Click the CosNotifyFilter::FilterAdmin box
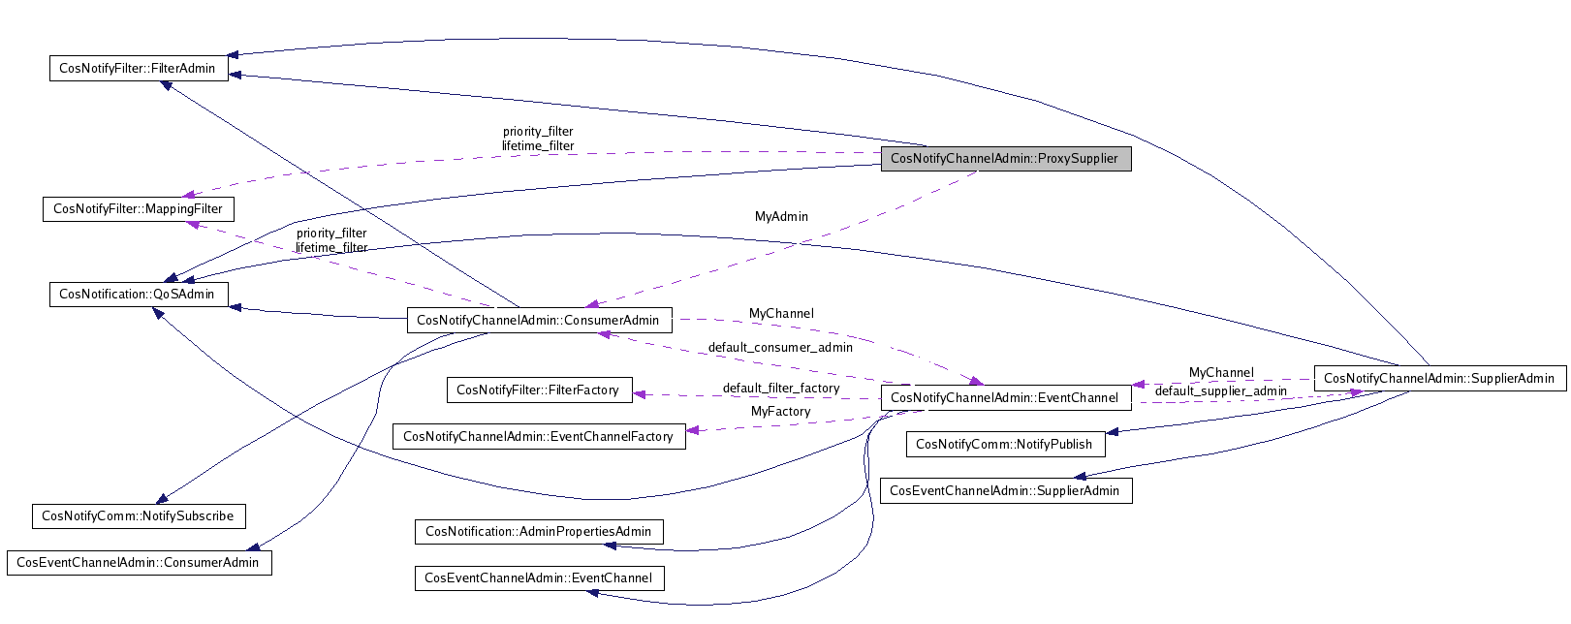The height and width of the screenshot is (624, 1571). point(139,69)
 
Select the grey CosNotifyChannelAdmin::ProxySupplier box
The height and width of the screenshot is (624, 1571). point(1005,159)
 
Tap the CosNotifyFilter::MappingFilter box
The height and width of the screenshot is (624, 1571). point(139,209)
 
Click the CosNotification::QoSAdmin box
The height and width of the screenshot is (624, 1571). point(139,295)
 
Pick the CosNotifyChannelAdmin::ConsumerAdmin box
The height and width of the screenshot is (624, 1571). point(538,320)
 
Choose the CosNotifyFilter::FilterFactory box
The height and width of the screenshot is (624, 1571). point(538,390)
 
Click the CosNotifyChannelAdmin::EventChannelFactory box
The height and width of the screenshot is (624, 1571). point(538,437)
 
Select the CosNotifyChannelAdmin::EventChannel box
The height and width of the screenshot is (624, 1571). point(1005,397)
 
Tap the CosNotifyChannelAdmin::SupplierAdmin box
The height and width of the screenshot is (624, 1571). point(1438,379)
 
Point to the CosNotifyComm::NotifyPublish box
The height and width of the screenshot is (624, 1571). point(1005,445)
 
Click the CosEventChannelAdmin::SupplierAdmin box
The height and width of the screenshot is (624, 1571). point(1005,491)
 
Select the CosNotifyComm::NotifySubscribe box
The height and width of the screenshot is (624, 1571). point(139,516)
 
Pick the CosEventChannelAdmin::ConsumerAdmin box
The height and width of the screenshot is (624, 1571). point(139,563)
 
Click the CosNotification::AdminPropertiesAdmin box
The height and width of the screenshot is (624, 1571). point(538,532)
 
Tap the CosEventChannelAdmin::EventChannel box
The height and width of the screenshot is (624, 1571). point(538,578)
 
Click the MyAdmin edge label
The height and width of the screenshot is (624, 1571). point(781,217)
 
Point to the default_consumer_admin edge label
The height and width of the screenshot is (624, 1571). point(780,348)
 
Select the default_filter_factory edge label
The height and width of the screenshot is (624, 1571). point(781,389)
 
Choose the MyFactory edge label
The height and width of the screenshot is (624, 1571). point(781,412)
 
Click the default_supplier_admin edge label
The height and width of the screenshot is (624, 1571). point(1221,391)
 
